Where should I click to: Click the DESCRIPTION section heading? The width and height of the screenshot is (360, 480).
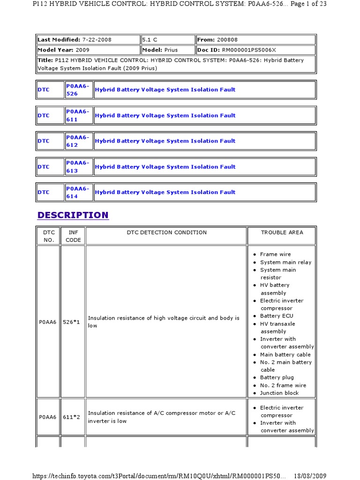(x=73, y=215)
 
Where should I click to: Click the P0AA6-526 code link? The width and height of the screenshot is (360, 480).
(x=77, y=90)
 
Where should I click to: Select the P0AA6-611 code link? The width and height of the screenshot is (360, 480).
(x=77, y=115)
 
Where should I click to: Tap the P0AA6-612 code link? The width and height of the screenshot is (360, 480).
(x=77, y=141)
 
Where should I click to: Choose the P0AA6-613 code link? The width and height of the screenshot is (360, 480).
(x=77, y=167)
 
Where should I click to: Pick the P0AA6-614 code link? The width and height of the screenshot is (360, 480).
(x=77, y=192)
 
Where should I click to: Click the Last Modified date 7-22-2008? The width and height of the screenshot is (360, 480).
(x=97, y=40)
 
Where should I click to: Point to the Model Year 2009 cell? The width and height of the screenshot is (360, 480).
(x=88, y=50)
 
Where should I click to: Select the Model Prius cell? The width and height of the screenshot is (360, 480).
(x=168, y=50)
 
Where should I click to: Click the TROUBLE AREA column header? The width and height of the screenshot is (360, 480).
(x=282, y=232)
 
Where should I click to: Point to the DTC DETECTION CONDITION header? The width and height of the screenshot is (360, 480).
(x=166, y=232)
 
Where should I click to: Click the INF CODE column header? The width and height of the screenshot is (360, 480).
(x=73, y=236)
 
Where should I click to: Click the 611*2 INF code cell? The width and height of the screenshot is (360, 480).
(x=73, y=413)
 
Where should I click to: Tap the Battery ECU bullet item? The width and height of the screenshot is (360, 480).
(x=277, y=316)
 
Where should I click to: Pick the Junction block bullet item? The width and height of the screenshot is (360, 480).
(x=279, y=393)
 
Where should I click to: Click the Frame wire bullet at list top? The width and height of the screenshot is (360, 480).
(x=276, y=255)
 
